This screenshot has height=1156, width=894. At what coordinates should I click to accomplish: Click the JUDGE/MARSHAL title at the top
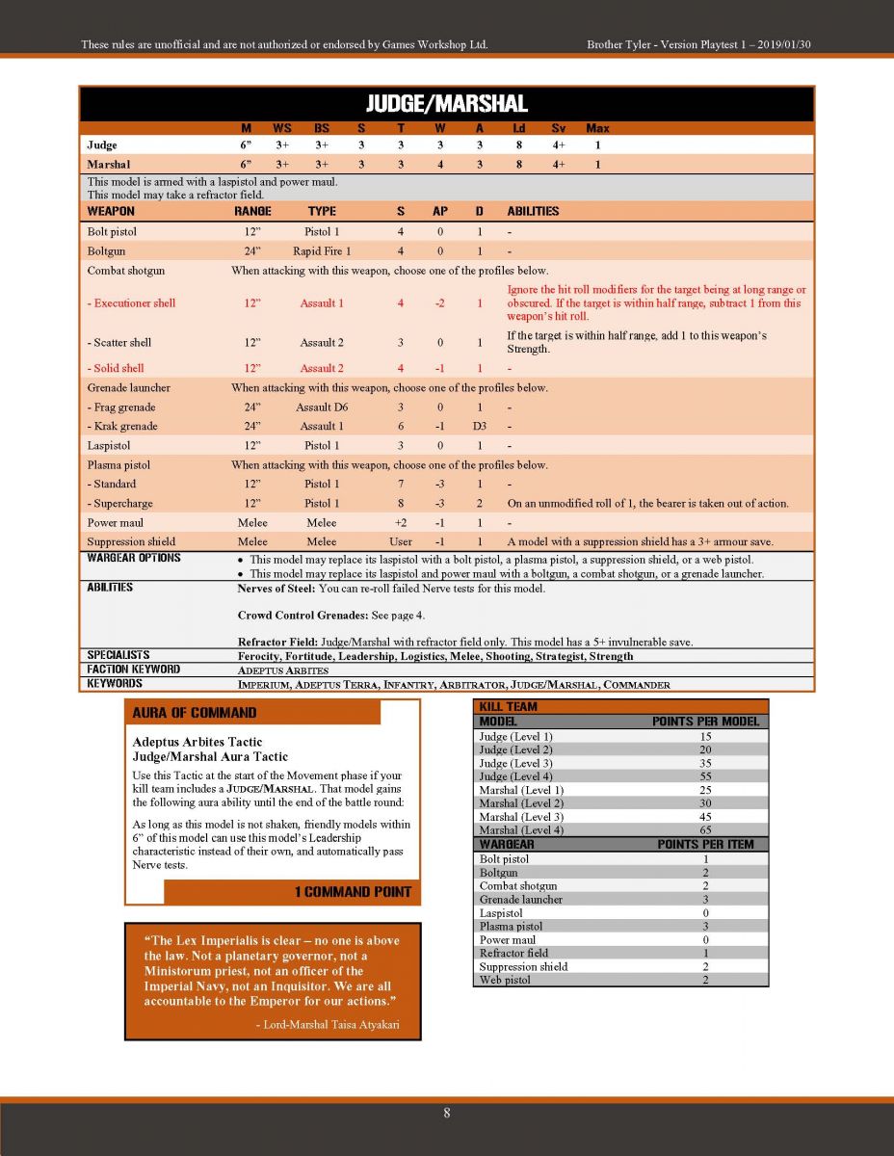click(x=447, y=104)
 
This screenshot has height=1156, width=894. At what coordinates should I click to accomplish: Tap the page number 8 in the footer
click(x=447, y=1113)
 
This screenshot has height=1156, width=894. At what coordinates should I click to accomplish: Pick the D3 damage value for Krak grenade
click(x=479, y=426)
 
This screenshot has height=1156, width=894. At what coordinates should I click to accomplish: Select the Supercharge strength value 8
click(x=401, y=503)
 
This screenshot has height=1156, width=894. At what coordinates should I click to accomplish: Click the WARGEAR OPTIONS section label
click(x=134, y=559)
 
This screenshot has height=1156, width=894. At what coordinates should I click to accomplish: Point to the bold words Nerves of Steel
click(x=275, y=589)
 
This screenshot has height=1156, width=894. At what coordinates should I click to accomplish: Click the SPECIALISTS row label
click(x=118, y=656)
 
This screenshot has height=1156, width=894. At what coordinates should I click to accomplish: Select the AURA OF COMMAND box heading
click(x=195, y=713)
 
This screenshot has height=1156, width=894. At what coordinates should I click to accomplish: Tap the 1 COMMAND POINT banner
click(x=353, y=892)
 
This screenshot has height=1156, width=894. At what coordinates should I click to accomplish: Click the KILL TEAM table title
click(x=509, y=706)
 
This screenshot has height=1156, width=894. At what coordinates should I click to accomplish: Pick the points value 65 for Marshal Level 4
click(x=705, y=830)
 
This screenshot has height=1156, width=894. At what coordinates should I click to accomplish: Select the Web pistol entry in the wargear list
click(x=505, y=981)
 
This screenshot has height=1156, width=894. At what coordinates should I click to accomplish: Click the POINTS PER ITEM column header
click(x=705, y=844)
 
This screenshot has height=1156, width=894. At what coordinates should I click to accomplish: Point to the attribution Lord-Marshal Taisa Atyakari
click(x=328, y=1025)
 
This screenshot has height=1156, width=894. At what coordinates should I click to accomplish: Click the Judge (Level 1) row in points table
click(x=516, y=737)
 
